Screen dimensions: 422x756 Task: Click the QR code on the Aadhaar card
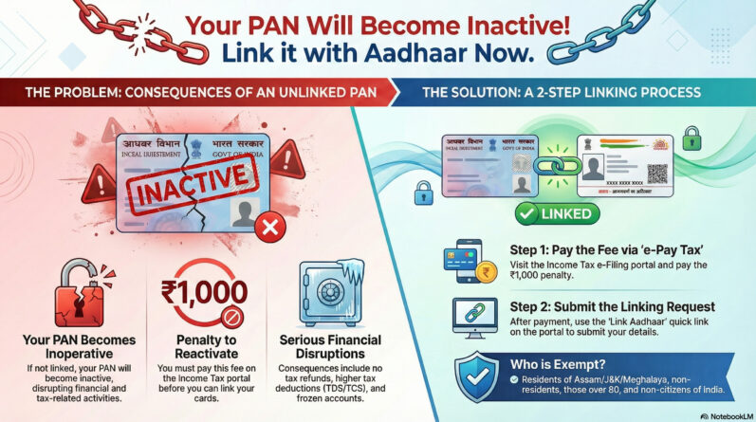[x=657, y=174]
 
